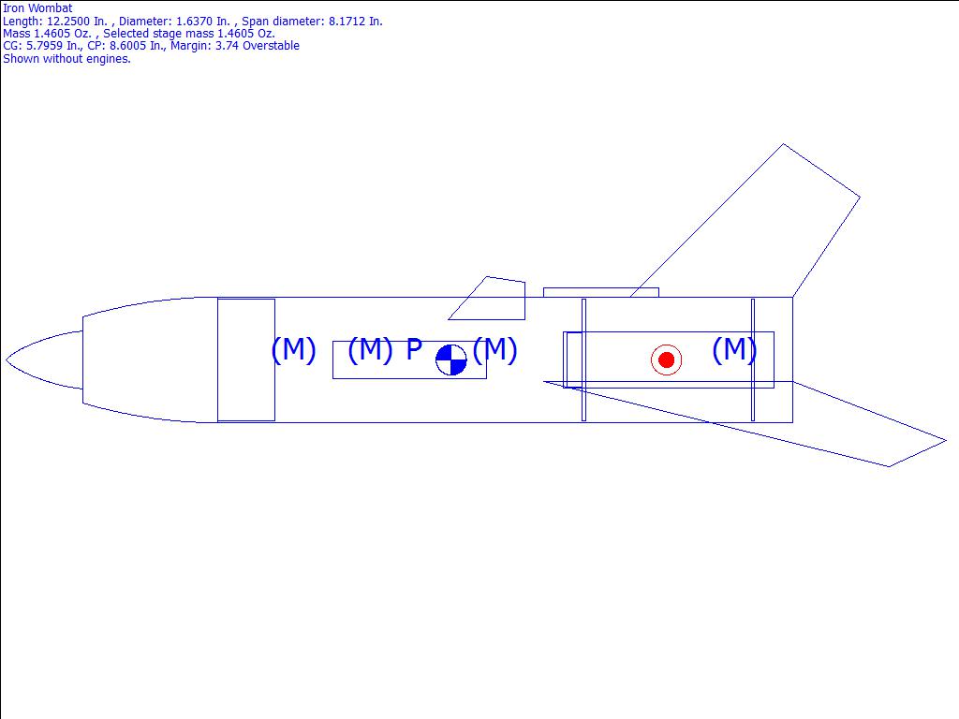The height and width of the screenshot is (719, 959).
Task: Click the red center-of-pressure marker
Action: (x=666, y=359)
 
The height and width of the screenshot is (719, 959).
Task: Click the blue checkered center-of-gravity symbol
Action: (x=451, y=359)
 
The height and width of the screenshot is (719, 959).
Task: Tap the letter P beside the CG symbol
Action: (x=414, y=349)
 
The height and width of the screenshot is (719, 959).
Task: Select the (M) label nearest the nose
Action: (x=293, y=350)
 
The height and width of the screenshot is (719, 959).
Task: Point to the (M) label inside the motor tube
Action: (x=734, y=350)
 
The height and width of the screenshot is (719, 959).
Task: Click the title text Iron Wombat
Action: (x=37, y=7)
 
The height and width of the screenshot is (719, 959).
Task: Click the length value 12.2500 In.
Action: (x=77, y=21)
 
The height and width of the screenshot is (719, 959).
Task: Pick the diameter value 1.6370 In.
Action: (x=202, y=21)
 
